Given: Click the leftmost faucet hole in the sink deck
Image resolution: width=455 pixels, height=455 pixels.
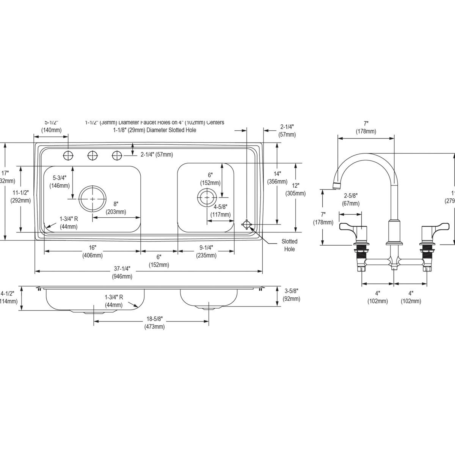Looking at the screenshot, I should [68, 155].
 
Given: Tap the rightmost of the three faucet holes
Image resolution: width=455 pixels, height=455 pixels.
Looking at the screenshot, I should [117, 155].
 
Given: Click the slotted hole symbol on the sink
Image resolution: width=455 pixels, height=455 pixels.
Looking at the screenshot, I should [247, 225].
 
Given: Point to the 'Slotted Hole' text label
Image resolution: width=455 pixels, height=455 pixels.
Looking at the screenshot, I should [289, 245].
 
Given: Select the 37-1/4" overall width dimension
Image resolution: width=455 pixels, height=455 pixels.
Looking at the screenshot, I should [122, 272].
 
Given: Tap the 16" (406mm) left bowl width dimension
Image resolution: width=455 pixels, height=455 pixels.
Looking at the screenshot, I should [93, 251].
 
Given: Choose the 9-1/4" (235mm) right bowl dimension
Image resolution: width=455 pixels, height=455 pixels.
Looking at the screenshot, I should [206, 251].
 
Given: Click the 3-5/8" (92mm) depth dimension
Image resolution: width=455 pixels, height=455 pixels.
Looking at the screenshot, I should [292, 295].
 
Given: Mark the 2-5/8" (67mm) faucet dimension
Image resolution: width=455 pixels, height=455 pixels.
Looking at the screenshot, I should [351, 200].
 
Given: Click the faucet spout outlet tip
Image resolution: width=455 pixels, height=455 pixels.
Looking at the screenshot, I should [336, 186].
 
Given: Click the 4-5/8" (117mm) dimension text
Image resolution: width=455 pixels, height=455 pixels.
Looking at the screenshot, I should [220, 211].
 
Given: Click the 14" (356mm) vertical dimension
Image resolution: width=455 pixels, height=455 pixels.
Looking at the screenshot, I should [277, 177].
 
